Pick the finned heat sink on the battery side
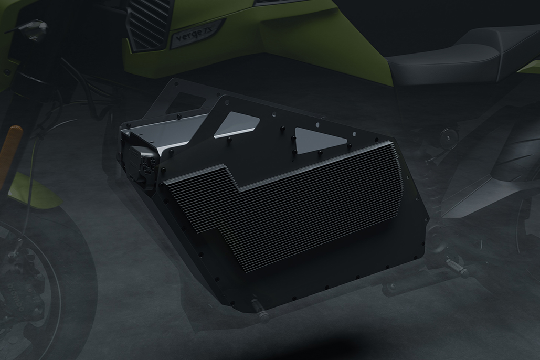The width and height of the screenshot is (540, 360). coord(294,210)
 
